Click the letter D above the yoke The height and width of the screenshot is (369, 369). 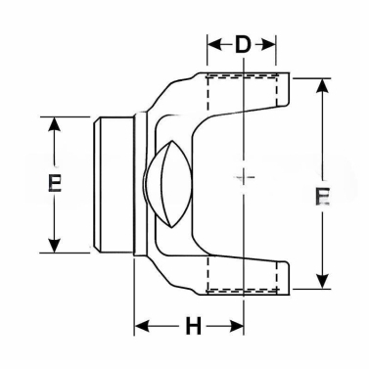click(x=242, y=44)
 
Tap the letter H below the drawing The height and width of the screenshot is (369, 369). click(x=194, y=326)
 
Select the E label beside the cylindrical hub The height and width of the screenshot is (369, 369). click(x=55, y=184)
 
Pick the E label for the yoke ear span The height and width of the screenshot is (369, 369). click(x=322, y=196)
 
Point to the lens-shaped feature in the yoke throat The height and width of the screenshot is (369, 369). click(x=163, y=184)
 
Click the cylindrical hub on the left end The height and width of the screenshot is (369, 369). click(x=113, y=184)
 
